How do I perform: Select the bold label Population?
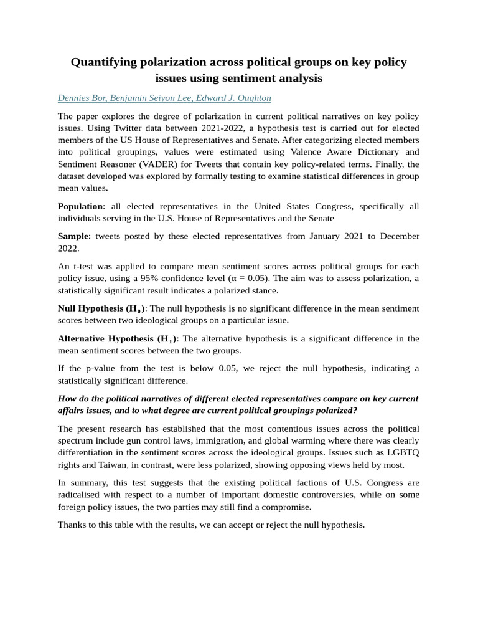click(80, 206)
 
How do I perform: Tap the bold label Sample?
click(73, 236)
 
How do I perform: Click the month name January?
click(339, 236)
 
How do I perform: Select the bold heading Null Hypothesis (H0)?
click(102, 308)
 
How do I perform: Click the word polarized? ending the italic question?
click(335, 410)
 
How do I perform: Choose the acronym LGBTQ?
click(403, 452)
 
